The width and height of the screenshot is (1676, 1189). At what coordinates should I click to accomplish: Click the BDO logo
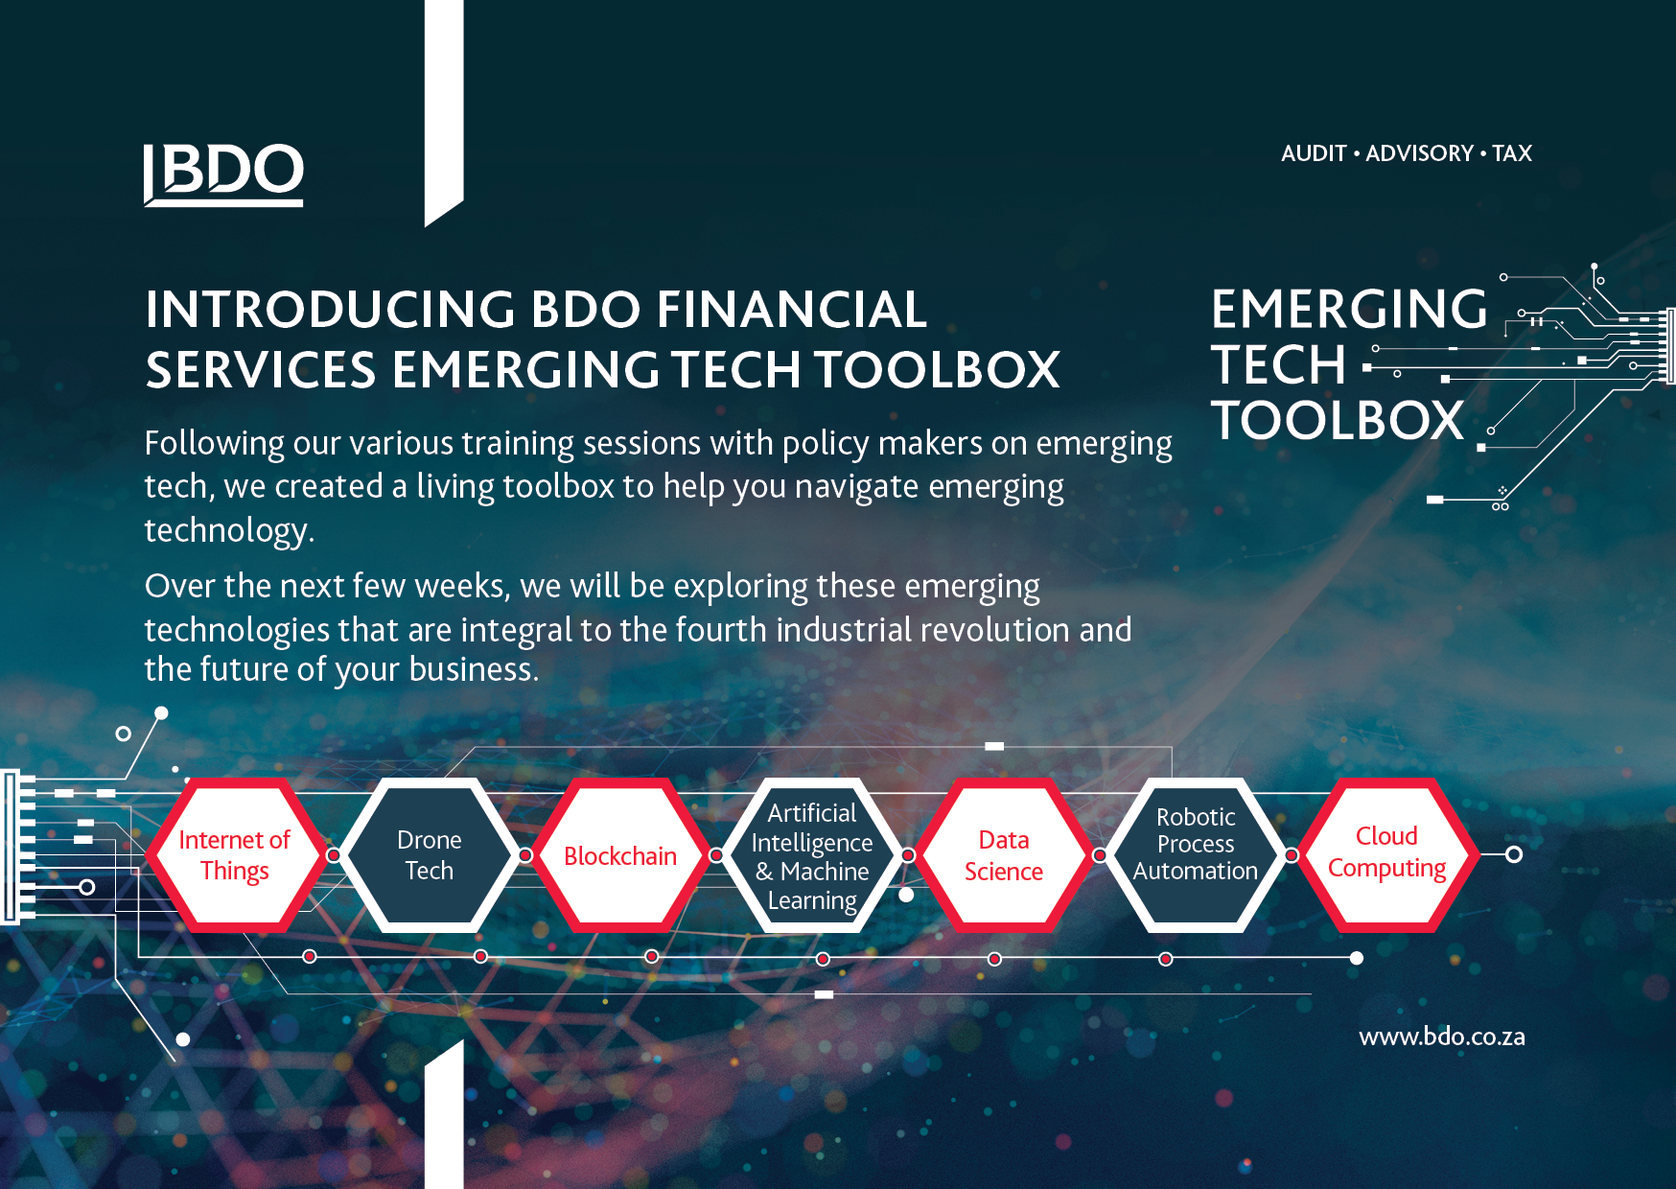[223, 175]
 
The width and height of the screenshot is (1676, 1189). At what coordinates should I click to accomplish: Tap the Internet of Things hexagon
[235, 855]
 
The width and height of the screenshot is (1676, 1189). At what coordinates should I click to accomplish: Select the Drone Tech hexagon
[429, 855]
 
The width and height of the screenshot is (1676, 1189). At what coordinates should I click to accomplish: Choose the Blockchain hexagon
[620, 855]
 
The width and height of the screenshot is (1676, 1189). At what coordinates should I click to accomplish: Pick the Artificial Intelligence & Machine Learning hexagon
[812, 855]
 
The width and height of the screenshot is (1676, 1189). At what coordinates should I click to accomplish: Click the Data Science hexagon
[1004, 855]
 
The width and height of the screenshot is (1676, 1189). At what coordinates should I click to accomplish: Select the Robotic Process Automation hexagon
[1196, 855]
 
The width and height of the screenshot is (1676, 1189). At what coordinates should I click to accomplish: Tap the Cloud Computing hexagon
[1387, 855]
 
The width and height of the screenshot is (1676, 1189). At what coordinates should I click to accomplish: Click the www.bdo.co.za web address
[1442, 1037]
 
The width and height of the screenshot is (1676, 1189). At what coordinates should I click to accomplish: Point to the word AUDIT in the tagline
[1314, 153]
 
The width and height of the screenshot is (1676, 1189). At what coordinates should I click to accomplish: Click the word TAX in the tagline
[1512, 153]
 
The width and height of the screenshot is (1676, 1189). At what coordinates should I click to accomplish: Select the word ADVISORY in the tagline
[1419, 153]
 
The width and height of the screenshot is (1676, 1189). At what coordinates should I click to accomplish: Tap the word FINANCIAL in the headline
[792, 309]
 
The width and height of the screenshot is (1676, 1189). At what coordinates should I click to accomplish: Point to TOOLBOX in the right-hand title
[1338, 420]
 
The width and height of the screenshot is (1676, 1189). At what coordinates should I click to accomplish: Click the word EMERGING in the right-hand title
[1349, 309]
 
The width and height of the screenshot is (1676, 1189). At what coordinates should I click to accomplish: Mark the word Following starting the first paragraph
[215, 444]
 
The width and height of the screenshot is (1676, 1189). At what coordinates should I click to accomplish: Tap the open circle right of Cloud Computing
[1514, 854]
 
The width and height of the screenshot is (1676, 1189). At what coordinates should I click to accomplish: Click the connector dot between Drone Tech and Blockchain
[525, 854]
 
